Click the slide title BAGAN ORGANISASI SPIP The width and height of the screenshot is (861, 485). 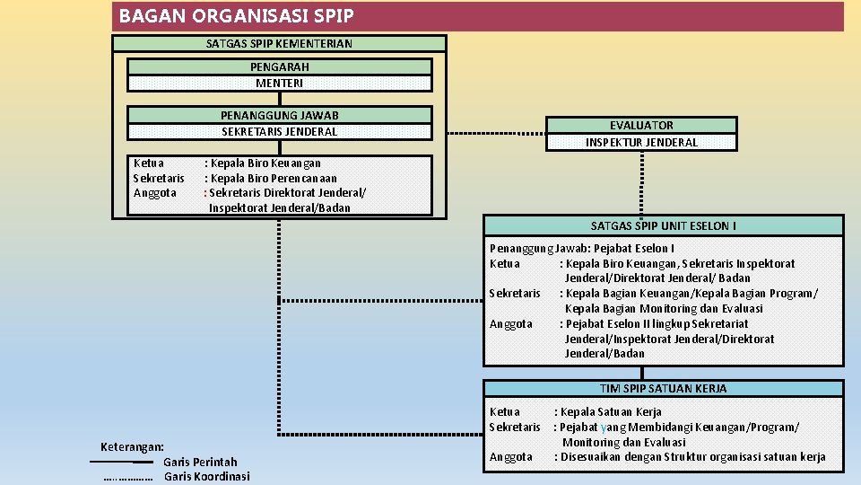tap(237, 16)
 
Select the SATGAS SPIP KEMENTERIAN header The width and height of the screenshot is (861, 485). tap(279, 43)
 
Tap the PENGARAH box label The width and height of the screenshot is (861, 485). tap(279, 66)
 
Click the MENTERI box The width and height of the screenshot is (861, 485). tap(279, 83)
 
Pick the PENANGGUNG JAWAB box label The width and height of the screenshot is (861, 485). tap(279, 115)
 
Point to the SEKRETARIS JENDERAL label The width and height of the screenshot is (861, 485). tap(279, 131)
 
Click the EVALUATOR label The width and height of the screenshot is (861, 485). tap(641, 126)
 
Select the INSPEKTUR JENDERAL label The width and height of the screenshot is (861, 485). tap(641, 142)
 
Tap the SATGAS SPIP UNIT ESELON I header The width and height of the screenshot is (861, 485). tap(664, 225)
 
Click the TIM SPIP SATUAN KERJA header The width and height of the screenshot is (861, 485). tap(664, 389)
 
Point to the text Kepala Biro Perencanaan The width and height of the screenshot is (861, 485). tap(274, 178)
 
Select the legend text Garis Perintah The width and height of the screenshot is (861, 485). tap(200, 462)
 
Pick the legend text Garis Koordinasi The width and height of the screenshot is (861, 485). tap(206, 477)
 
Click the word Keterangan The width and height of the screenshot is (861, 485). tap(132, 446)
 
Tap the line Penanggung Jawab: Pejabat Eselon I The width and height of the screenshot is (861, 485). tap(582, 248)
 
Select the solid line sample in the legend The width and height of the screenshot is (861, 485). tap(121, 462)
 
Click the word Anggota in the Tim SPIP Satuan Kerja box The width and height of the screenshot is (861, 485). tap(510, 457)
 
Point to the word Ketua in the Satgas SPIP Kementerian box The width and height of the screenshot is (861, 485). tap(148, 163)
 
